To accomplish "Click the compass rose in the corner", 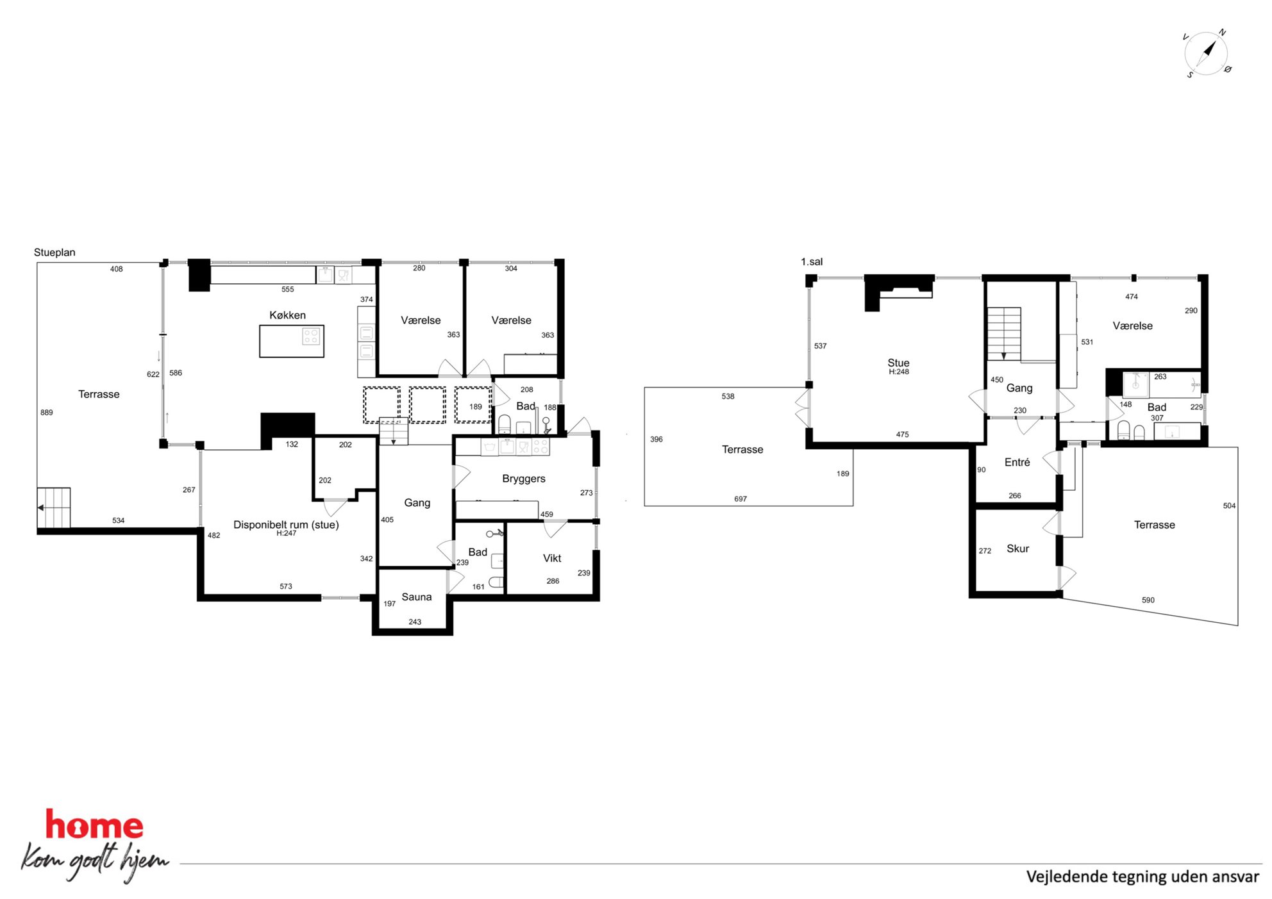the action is pos(1207,54).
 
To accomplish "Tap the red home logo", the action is pos(94,825).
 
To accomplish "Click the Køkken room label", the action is pos(287,315).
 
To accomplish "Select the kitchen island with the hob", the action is pos(292,341).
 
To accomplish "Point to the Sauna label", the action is pos(417,597).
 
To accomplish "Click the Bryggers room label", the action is pos(524,479).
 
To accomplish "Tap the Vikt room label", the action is pos(552,558).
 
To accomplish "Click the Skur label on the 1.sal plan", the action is pos(1017,548).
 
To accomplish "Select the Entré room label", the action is pos(1017,462).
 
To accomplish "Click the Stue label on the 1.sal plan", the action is pos(898,363).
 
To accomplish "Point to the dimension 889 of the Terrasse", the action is pos(47,413).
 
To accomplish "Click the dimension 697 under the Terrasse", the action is pos(741,499).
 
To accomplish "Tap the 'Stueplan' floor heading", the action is pos(54,252).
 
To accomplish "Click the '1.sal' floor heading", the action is pos(812,261).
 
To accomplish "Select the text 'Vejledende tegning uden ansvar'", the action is pos(1142,877).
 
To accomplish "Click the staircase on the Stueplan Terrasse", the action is pos(53,507).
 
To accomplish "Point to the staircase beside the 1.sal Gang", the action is pos(1003,334).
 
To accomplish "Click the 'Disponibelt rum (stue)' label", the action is pos(286,525).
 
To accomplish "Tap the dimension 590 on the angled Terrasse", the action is pos(1148,600).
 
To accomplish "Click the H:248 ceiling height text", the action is pos(899,372).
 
